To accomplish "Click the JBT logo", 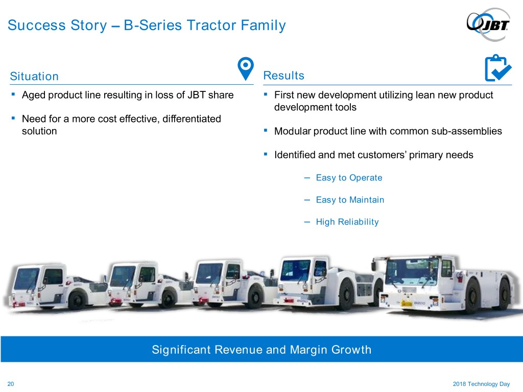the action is (488, 24).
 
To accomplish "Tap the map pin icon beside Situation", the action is (246, 68).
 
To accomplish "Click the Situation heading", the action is (34, 77).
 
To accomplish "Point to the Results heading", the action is (284, 76).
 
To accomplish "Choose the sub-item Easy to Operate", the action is (349, 178).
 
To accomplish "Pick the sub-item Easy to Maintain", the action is (350, 200).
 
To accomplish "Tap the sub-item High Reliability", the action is (347, 222).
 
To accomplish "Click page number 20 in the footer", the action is (11, 384).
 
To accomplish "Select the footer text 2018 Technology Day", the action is (481, 384).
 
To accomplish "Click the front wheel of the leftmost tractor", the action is (78, 300).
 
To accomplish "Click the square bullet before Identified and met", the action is (266, 154).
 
